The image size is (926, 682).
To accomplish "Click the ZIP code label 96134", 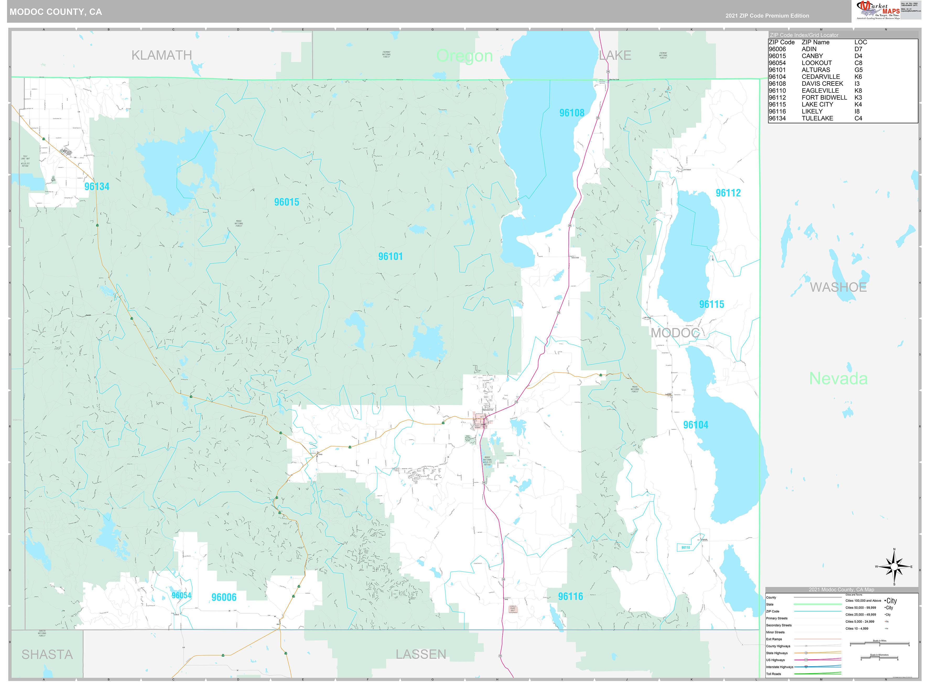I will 97,187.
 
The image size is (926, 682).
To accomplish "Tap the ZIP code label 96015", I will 287,202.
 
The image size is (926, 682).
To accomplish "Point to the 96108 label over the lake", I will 572,113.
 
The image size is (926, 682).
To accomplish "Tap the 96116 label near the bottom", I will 570,596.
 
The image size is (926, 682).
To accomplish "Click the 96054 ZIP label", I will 181,595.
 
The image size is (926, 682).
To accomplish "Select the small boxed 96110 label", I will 686,547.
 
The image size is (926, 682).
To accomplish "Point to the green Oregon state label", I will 464,56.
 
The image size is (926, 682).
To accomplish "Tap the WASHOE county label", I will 838,287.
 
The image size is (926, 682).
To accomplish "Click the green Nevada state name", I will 838,379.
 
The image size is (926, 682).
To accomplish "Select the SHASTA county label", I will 47,655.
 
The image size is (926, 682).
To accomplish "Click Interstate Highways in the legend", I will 779,667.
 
